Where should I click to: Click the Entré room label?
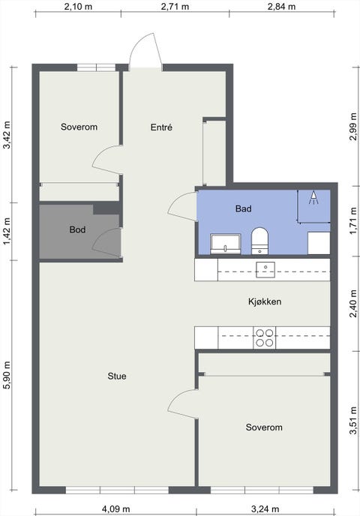click(161, 127)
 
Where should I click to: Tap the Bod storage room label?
click(78, 229)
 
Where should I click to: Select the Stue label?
click(117, 376)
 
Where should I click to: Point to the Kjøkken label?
click(265, 301)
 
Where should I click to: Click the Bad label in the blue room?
click(244, 208)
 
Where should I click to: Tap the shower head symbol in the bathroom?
click(314, 198)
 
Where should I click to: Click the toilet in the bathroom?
click(260, 241)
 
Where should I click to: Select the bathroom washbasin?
click(226, 244)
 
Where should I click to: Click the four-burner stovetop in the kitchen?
click(265, 337)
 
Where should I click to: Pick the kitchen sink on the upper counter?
click(265, 269)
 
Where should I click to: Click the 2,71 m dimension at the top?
click(175, 7)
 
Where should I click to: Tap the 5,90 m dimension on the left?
click(7, 375)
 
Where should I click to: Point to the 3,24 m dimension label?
click(265, 509)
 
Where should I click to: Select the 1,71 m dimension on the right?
click(353, 220)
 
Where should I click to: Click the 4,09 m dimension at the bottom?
click(115, 509)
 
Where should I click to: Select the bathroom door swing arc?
click(180, 205)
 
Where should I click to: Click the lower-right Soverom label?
click(264, 427)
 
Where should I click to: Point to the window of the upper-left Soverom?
click(97, 67)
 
